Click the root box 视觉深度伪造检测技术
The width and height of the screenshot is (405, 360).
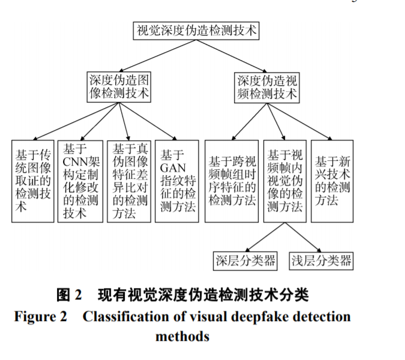tap(196, 31)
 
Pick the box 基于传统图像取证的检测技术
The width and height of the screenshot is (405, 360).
tap(32, 181)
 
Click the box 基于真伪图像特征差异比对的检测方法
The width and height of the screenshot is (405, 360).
tap(128, 181)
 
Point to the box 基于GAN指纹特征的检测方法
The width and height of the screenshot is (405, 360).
tap(177, 181)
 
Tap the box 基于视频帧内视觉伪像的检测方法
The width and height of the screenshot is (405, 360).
tap(284, 181)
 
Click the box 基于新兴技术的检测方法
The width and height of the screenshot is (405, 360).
tap(332, 181)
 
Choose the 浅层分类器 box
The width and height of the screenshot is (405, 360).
tap(321, 260)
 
